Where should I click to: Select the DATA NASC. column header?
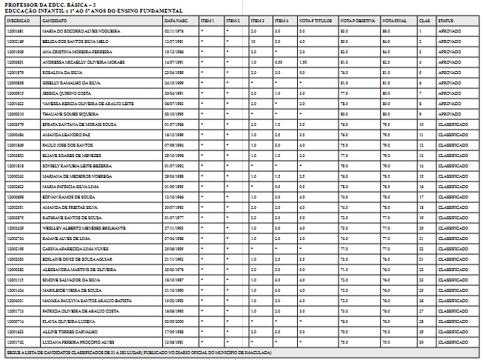point(176,21)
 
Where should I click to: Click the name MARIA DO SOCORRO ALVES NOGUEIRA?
point(71,32)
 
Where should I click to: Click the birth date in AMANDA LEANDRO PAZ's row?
point(173,136)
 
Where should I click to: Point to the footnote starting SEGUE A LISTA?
point(139,353)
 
